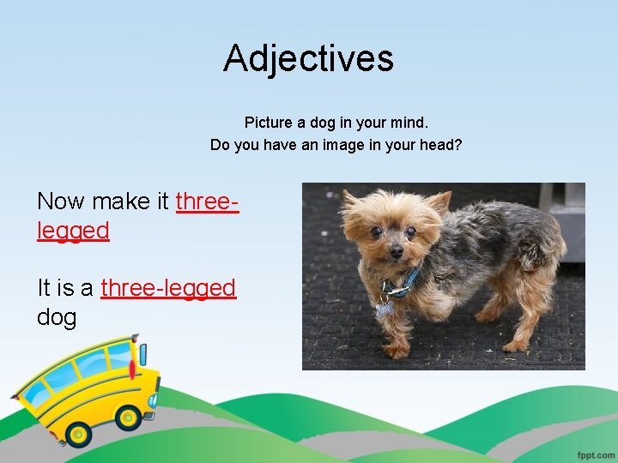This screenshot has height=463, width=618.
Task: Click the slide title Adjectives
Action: pyautogui.click(x=308, y=58)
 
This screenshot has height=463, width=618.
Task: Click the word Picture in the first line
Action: pyautogui.click(x=268, y=123)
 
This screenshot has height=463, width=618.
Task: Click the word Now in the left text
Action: pyautogui.click(x=61, y=201)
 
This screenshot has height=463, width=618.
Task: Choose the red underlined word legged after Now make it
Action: pyautogui.click(x=73, y=230)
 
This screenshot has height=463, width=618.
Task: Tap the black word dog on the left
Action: pyautogui.click(x=57, y=316)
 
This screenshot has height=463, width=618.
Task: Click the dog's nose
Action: pyautogui.click(x=396, y=252)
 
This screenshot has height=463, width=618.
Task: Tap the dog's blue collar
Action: pyautogui.click(x=403, y=282)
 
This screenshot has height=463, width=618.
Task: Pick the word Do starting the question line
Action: pyautogui.click(x=221, y=145)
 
